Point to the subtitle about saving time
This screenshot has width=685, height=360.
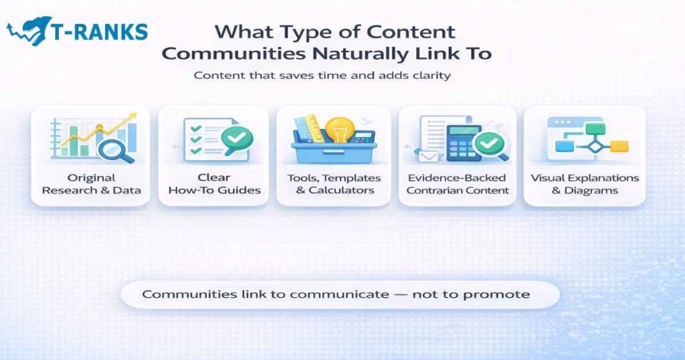click(322, 76)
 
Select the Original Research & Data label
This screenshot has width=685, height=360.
click(91, 184)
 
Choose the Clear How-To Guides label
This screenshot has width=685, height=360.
click(214, 184)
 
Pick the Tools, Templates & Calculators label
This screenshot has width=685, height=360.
click(334, 184)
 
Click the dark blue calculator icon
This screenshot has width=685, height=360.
click(464, 141)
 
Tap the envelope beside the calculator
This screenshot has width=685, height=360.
click(429, 155)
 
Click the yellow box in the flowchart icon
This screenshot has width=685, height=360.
click(619, 146)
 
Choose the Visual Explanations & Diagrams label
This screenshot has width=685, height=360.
click(585, 184)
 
